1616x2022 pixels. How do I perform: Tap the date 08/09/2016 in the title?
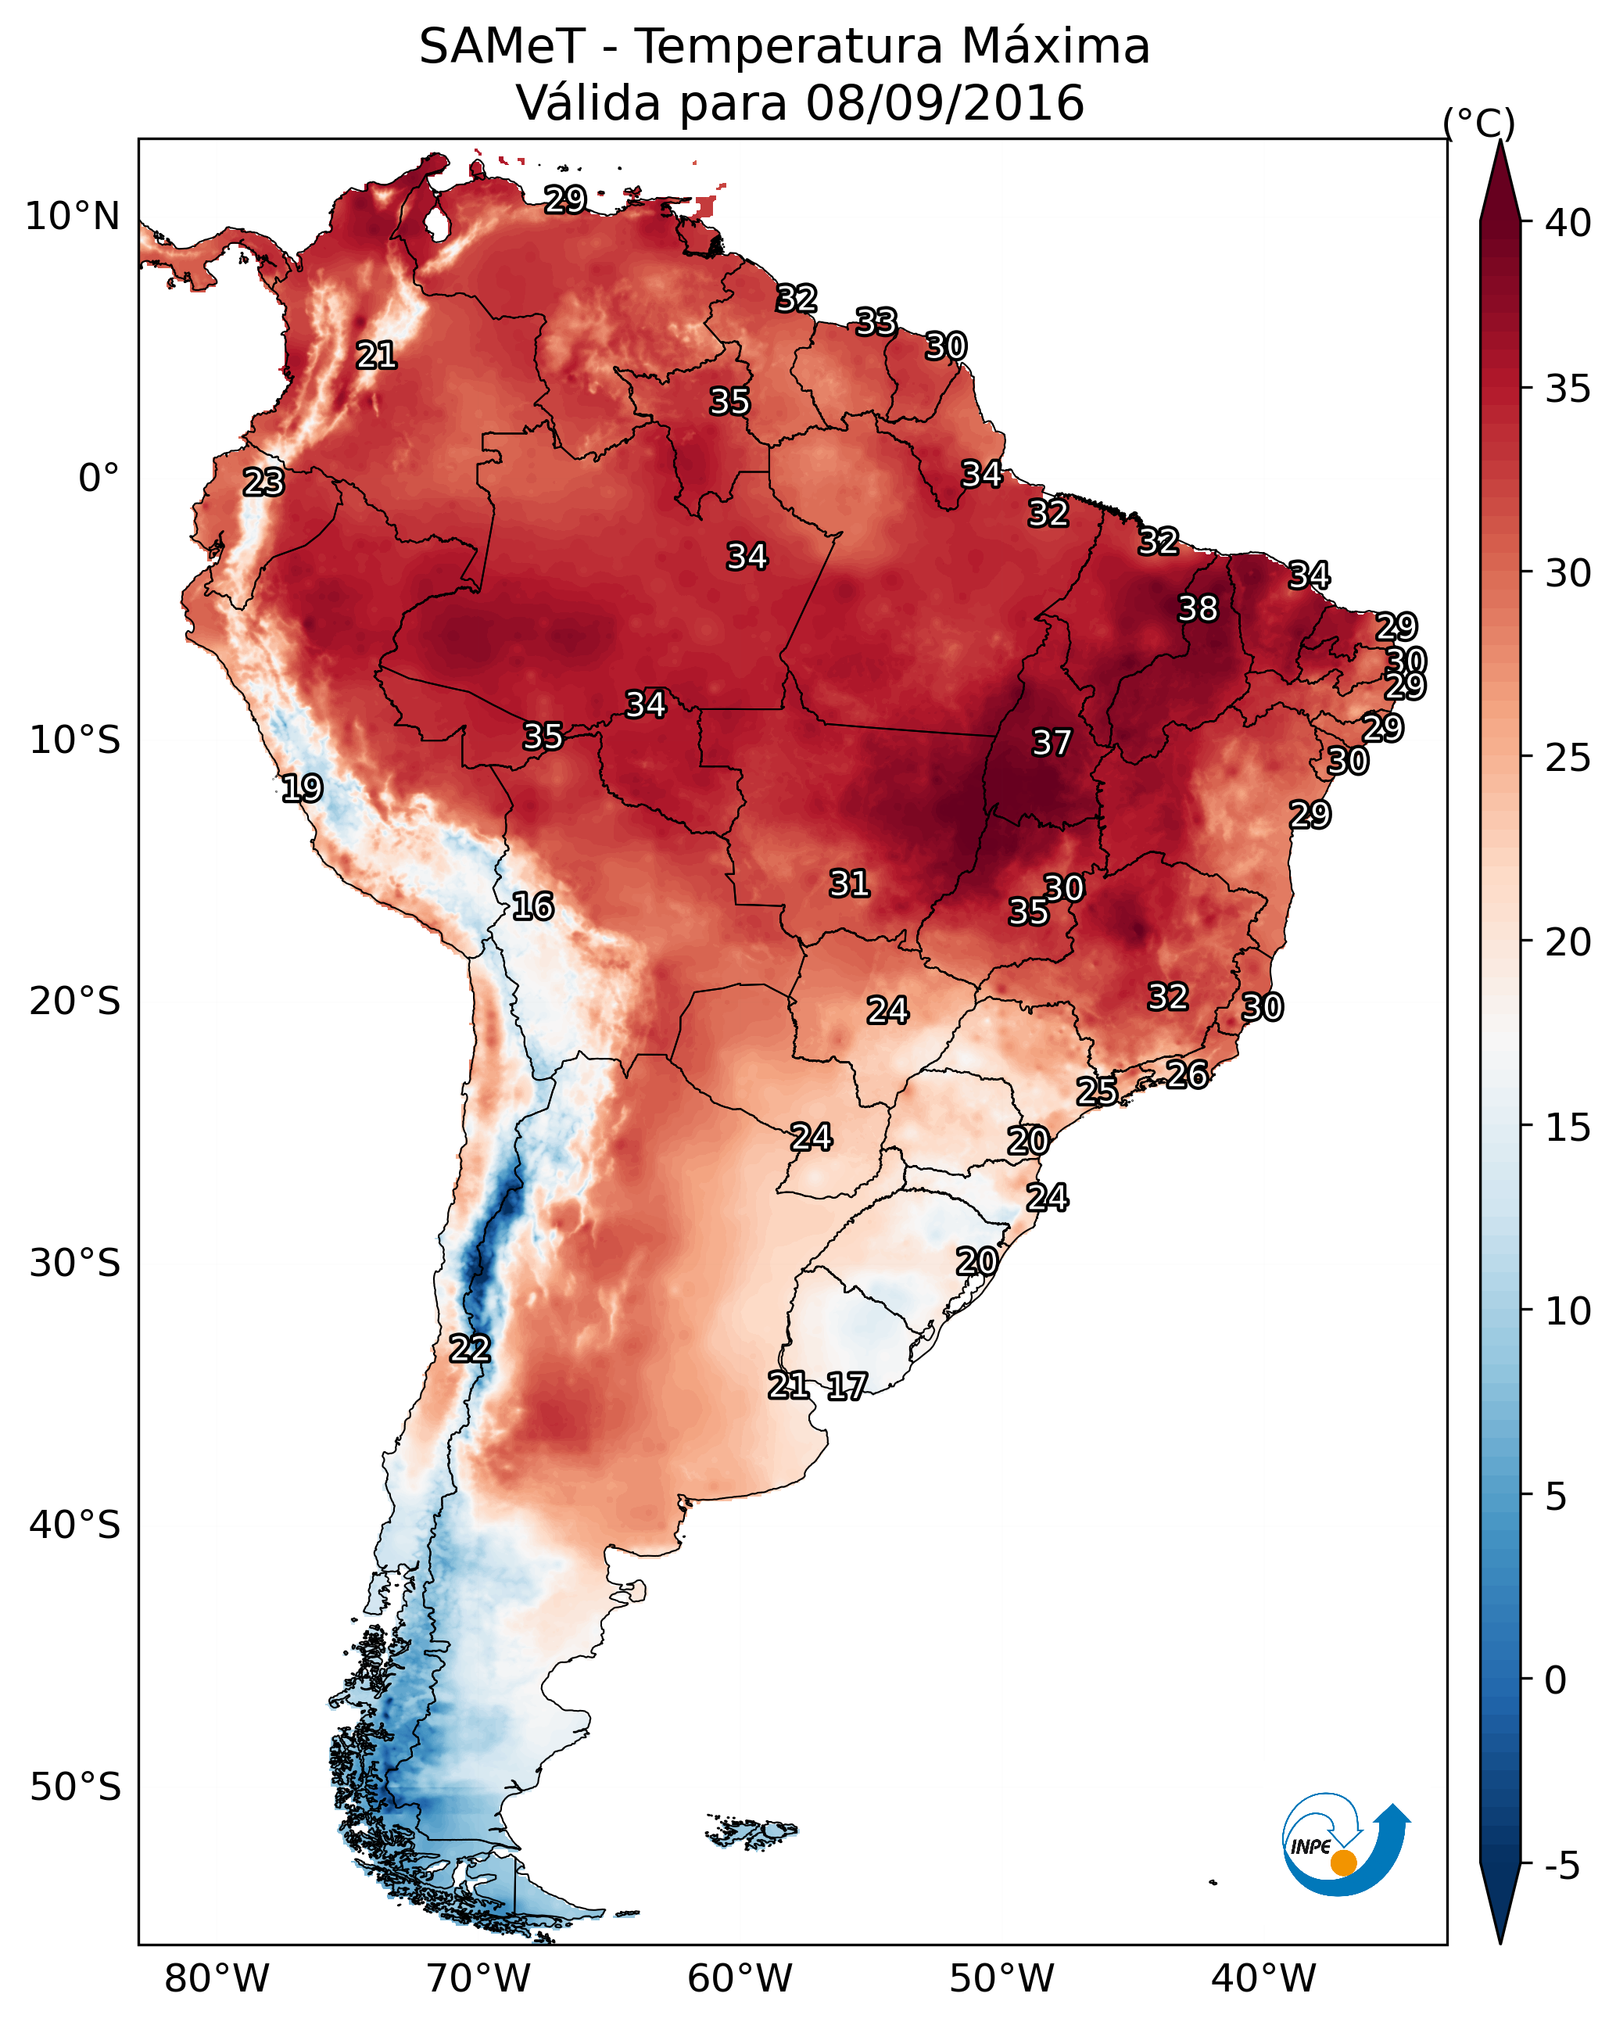(x=944, y=103)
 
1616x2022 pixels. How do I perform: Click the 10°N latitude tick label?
(x=72, y=217)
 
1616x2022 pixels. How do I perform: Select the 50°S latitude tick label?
(x=75, y=1787)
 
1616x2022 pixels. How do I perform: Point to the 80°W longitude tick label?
(x=217, y=1979)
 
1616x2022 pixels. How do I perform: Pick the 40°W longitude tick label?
(x=1263, y=1979)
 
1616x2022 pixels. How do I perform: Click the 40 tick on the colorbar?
(x=1568, y=223)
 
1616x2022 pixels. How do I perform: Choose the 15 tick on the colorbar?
(x=1568, y=1128)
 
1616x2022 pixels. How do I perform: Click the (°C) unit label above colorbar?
(x=1478, y=123)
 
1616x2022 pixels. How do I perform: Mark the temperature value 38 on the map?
(x=1198, y=608)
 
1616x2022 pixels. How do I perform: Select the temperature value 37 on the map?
(x=1052, y=743)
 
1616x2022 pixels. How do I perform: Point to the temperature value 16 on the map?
(x=532, y=906)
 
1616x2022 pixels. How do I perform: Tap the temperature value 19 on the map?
(x=302, y=788)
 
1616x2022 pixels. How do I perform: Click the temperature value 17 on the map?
(x=847, y=1386)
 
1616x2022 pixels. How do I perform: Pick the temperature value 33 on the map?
(x=876, y=321)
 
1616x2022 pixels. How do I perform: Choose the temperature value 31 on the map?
(x=849, y=883)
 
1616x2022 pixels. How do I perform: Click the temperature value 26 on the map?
(x=1187, y=1074)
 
